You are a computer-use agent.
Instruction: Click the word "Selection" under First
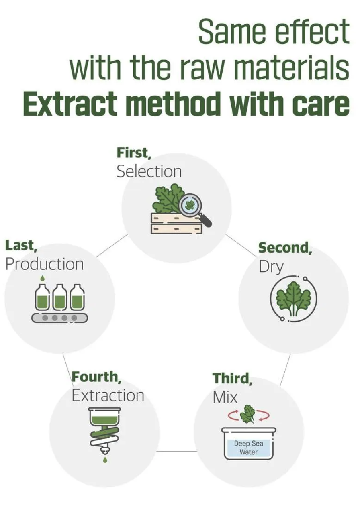tap(149, 172)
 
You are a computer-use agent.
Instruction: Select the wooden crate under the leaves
tap(176, 223)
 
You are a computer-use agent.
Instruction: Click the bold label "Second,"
tap(285, 248)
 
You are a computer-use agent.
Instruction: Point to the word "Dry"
tap(271, 267)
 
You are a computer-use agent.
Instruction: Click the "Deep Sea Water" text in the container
tap(248, 448)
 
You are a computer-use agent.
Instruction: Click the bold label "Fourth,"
tap(96, 377)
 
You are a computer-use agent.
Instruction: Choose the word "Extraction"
tap(108, 396)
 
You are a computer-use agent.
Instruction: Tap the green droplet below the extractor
tap(105, 460)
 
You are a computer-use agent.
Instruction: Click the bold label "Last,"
tap(21, 245)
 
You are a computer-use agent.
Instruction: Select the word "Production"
tap(45, 264)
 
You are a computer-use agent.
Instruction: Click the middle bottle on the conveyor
tap(59, 297)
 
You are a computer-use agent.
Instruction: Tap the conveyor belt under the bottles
tap(59, 318)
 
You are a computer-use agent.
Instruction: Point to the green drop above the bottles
tap(42, 279)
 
